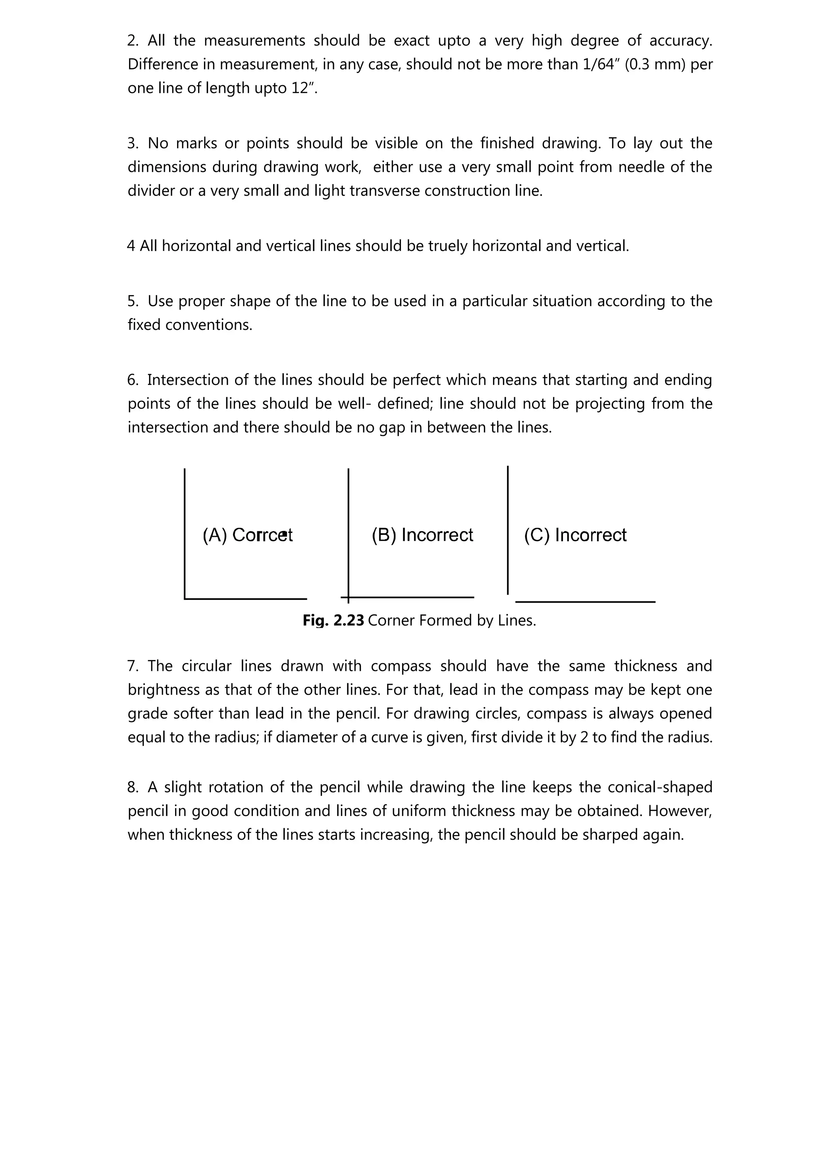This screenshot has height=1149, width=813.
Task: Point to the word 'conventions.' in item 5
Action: click(x=190, y=325)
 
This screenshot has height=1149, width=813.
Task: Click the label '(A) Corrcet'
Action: click(x=247, y=535)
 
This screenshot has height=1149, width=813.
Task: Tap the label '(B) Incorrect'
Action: click(x=422, y=535)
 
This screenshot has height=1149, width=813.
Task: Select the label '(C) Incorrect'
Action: click(x=575, y=535)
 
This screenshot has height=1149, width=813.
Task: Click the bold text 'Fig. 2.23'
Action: click(x=333, y=620)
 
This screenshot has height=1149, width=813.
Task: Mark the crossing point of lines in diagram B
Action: click(x=349, y=597)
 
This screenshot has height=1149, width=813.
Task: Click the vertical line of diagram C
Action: click(x=508, y=530)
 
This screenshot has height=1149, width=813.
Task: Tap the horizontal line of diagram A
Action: click(x=245, y=599)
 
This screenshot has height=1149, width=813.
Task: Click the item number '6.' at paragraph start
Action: click(x=133, y=380)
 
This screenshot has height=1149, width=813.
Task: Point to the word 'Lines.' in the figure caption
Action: click(x=518, y=620)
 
